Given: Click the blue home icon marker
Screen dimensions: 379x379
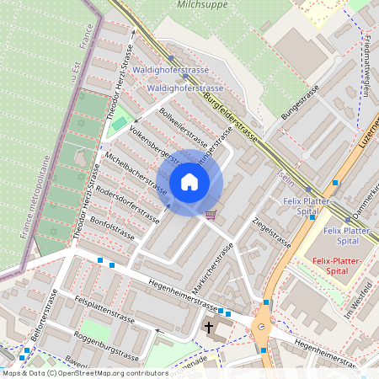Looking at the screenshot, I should (189, 182).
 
